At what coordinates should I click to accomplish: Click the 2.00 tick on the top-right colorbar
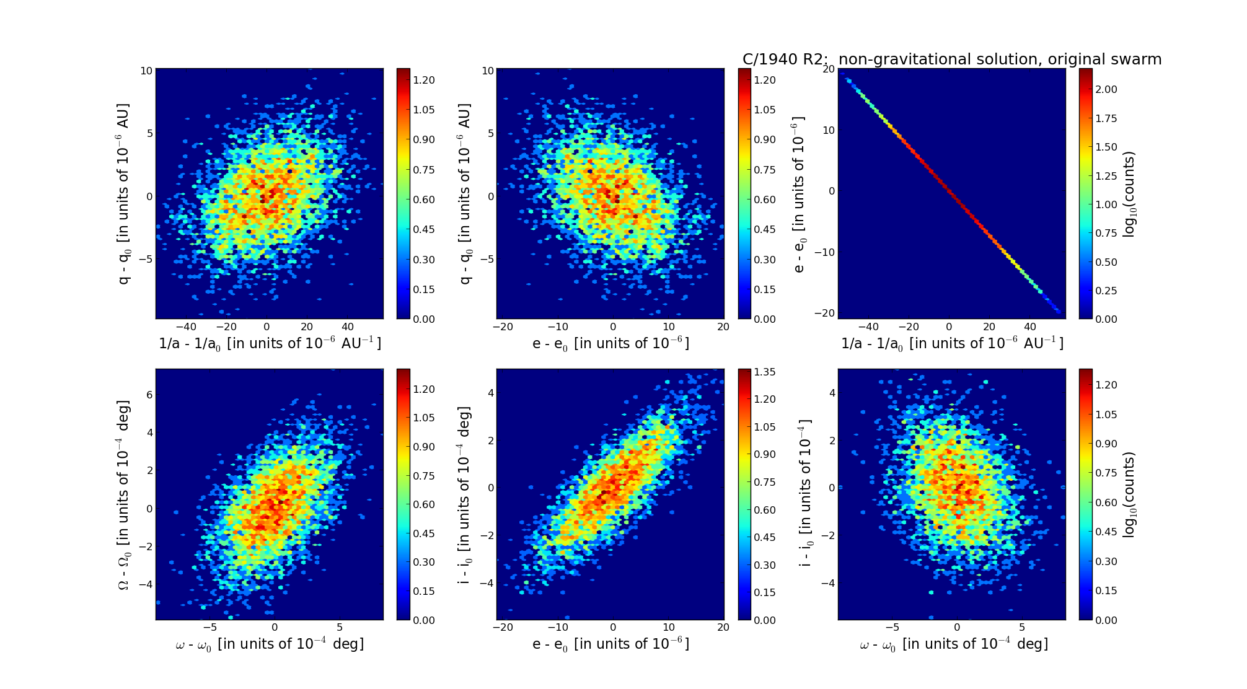pyautogui.click(x=1107, y=89)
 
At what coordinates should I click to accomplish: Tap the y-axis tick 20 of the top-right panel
pyautogui.click(x=827, y=69)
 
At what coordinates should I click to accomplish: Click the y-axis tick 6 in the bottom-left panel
pyautogui.click(x=149, y=395)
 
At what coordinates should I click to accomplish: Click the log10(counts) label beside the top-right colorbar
pyautogui.click(x=1129, y=194)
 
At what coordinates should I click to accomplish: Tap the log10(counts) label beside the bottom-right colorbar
pyautogui.click(x=1129, y=494)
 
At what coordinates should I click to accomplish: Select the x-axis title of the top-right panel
pyautogui.click(x=952, y=343)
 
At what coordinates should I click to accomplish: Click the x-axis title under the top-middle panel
pyautogui.click(x=610, y=343)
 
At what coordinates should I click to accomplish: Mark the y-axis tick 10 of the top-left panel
pyautogui.click(x=146, y=71)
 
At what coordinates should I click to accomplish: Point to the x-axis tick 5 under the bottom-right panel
pyautogui.click(x=1022, y=628)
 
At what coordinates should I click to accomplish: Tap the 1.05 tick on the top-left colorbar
pyautogui.click(x=424, y=110)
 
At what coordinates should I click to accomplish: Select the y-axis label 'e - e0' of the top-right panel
pyautogui.click(x=800, y=194)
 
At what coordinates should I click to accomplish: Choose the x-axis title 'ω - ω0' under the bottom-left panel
pyautogui.click(x=270, y=644)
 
